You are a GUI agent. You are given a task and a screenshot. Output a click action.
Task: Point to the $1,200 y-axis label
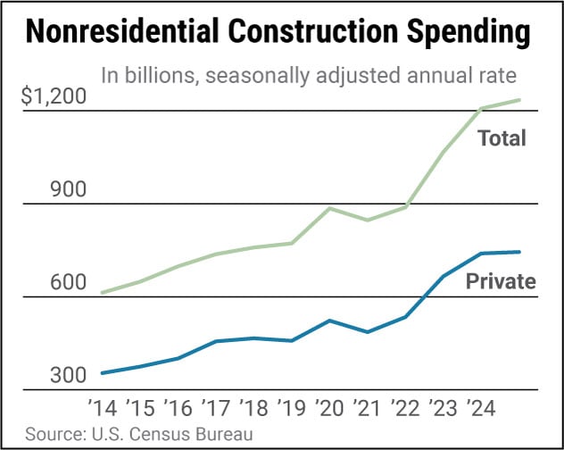55,97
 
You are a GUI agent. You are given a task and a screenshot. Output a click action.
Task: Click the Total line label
502,138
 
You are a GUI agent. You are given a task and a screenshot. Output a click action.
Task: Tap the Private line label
501,282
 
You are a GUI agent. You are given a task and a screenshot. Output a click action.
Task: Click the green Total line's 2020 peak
330,208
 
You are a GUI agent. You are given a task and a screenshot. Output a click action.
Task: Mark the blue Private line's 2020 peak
330,320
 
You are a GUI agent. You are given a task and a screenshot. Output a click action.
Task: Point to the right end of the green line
520,100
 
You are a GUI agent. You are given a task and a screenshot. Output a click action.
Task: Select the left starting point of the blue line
103,373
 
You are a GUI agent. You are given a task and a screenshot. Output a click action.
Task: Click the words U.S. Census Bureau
170,435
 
